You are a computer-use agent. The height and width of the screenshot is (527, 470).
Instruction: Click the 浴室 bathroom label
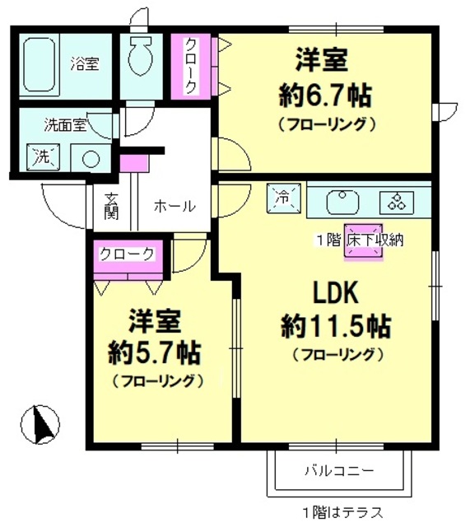84,63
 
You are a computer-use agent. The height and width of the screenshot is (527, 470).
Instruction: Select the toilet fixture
142,56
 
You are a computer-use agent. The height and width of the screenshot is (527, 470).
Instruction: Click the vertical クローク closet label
190,66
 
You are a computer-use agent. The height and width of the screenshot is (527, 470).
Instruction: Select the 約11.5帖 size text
336,326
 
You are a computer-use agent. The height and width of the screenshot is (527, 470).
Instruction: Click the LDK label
336,293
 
